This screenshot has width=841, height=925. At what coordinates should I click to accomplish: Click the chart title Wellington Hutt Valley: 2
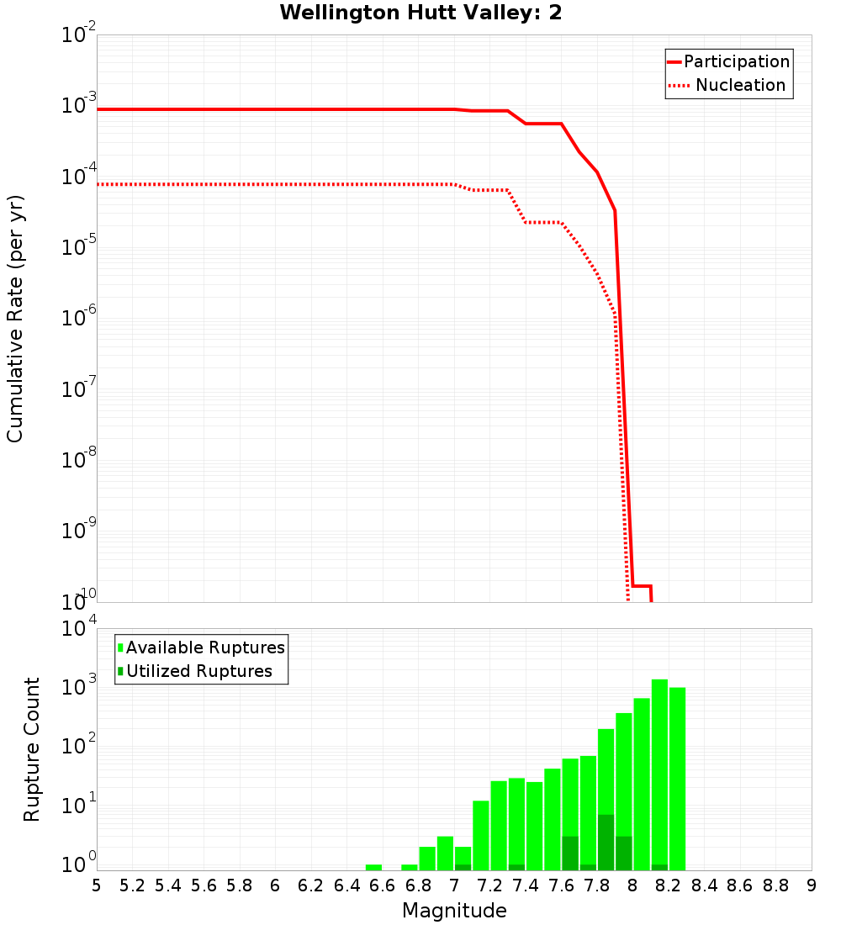[x=420, y=13]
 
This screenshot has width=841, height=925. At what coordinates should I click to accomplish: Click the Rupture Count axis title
[x=32, y=749]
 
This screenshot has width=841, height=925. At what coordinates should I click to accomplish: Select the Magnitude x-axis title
[x=454, y=911]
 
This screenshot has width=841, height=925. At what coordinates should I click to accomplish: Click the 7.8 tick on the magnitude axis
[x=597, y=885]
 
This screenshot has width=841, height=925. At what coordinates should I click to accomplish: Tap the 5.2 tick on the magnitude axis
[x=132, y=885]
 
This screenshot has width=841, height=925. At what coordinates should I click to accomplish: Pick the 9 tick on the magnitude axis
[x=812, y=885]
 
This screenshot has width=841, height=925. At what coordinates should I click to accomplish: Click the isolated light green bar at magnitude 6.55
[x=373, y=867]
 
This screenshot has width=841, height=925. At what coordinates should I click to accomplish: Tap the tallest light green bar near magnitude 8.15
[x=659, y=774]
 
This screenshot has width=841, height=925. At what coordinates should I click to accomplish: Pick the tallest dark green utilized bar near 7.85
[x=606, y=841]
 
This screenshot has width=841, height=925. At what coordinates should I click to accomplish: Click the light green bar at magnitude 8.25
[x=677, y=778]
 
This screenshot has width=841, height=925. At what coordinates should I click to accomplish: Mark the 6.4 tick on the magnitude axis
[x=346, y=885]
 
